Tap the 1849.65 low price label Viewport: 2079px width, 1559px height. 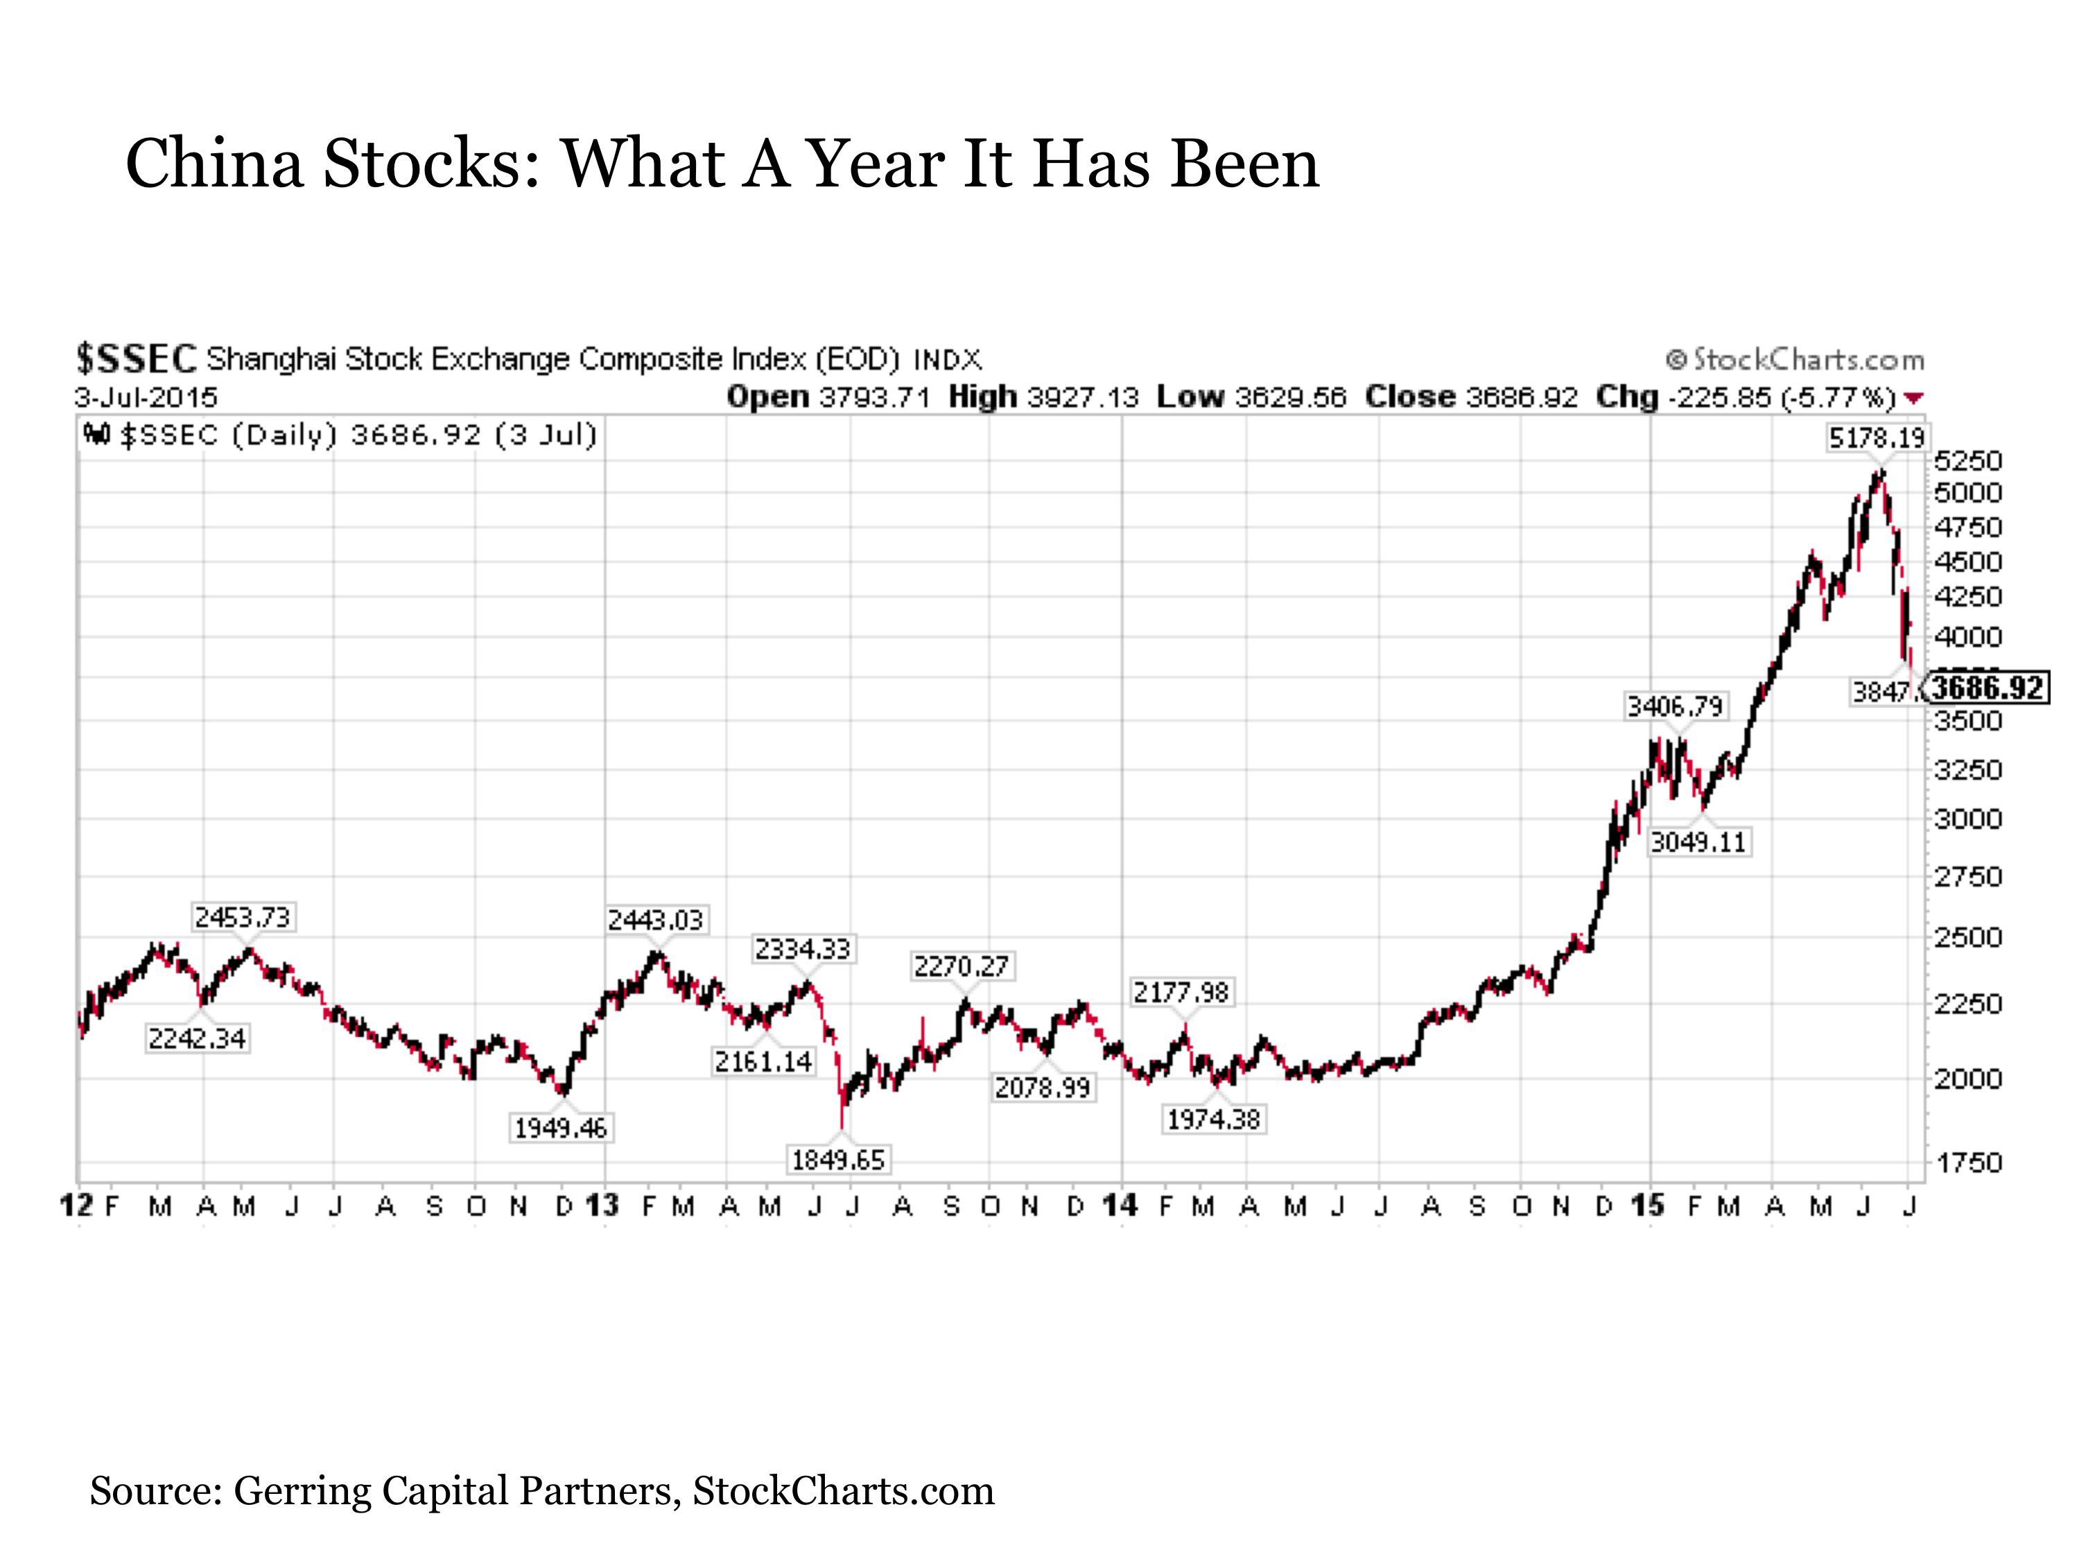click(837, 1160)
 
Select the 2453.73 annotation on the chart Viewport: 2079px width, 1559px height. click(243, 917)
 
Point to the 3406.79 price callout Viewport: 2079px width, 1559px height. click(1675, 706)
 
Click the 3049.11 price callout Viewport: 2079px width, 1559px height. click(1698, 842)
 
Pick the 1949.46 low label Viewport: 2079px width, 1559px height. click(561, 1128)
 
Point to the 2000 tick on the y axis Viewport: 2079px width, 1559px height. click(1968, 1079)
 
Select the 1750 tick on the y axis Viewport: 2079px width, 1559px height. click(1968, 1163)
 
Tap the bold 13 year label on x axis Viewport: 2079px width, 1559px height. click(602, 1205)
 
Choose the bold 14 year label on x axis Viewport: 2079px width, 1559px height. click(1120, 1205)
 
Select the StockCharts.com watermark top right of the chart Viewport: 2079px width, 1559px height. click(1795, 360)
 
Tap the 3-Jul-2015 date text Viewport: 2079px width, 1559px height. click(146, 397)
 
